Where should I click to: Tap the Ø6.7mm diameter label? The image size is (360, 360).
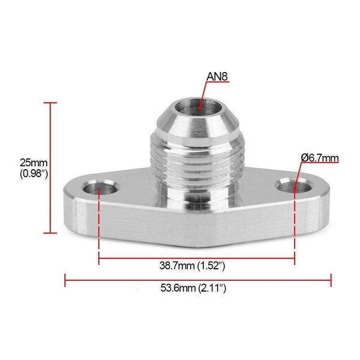[x=320, y=158]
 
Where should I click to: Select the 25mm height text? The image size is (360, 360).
[x=33, y=163]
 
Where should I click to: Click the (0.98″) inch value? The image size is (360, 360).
[x=34, y=174]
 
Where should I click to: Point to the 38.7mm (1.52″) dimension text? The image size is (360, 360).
[x=196, y=265]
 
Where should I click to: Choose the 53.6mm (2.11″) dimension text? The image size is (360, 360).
[x=197, y=289]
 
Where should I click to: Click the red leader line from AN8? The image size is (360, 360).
[x=204, y=96]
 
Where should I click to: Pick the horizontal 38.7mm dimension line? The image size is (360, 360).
[x=196, y=259]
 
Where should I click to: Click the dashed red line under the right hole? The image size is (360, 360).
[x=295, y=228]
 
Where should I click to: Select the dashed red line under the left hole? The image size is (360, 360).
[x=99, y=228]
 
